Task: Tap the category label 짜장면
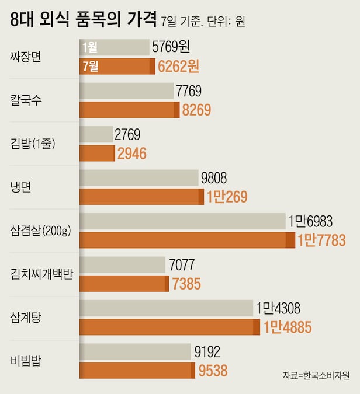(x=26, y=57)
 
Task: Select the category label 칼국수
(x=26, y=100)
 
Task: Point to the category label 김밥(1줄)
(x=33, y=144)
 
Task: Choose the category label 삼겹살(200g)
(x=40, y=231)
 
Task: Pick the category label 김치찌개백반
(x=41, y=274)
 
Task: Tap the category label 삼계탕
(x=26, y=318)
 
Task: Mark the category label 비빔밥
(x=26, y=361)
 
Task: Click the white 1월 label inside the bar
(x=90, y=47)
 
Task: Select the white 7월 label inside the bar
(x=91, y=66)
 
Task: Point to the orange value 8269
(x=196, y=110)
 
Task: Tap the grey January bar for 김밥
(x=96, y=134)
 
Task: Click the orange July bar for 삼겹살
(x=187, y=240)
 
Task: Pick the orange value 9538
(x=213, y=370)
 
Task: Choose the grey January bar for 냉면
(x=139, y=178)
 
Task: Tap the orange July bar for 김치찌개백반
(x=124, y=284)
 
